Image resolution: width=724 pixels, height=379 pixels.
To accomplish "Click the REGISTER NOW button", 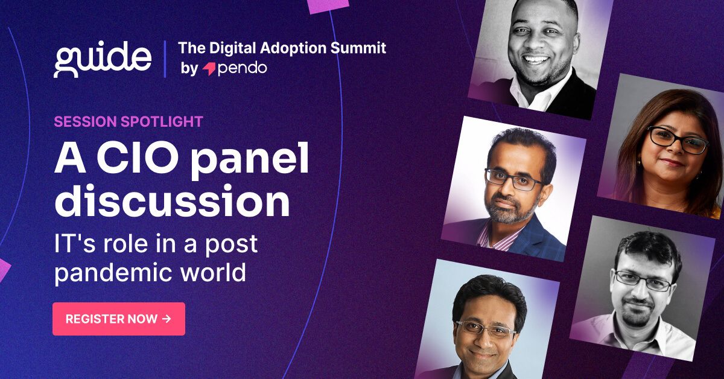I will tap(118, 319).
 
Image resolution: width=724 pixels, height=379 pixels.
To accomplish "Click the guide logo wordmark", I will tap(103, 59).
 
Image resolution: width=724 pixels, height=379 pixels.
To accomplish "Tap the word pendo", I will tap(242, 68).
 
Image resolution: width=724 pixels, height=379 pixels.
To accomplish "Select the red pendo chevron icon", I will tap(209, 69).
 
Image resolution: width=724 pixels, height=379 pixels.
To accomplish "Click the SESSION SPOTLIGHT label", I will tap(128, 121).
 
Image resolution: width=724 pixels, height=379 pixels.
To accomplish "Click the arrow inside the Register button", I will tap(167, 319).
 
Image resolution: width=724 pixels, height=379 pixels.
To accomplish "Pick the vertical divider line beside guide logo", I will tap(164, 59).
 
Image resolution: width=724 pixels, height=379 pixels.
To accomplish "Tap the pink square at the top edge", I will tap(328, 5).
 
